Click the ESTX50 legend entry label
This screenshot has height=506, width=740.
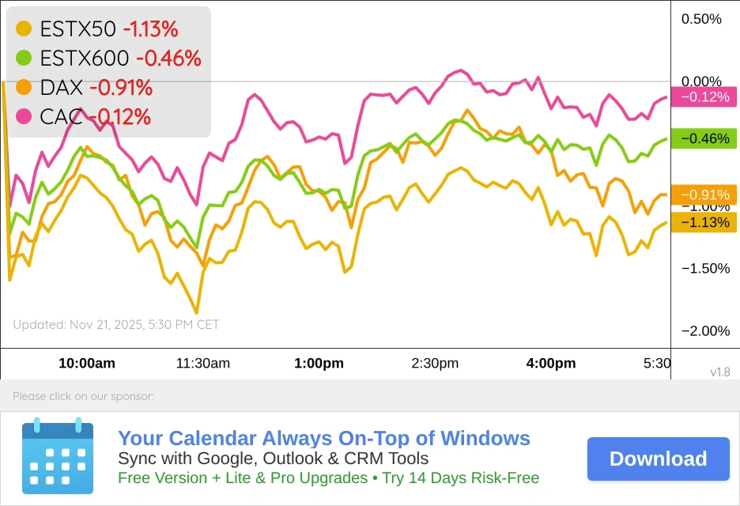click(78, 29)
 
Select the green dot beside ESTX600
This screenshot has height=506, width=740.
click(25, 58)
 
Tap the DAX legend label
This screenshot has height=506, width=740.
click(62, 87)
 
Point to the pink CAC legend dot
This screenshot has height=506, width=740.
click(25, 116)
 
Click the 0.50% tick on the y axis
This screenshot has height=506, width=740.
click(701, 19)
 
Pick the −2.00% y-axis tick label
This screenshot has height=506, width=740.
click(705, 330)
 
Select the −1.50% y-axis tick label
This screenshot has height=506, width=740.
click(705, 268)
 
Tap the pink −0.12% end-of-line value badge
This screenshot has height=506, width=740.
click(704, 96)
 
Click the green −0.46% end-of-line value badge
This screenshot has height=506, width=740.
click(704, 138)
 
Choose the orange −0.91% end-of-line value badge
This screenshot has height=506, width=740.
click(704, 194)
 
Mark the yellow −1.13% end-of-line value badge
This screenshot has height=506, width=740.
click(704, 222)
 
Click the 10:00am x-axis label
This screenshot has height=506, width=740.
click(87, 364)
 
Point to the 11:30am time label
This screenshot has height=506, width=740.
click(203, 364)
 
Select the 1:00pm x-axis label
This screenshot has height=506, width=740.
click(319, 364)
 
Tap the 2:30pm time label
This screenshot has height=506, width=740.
click(435, 364)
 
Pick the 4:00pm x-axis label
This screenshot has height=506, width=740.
click(551, 364)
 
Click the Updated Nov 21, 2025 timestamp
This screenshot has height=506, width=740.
click(116, 324)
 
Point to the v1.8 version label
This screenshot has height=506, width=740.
click(719, 372)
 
